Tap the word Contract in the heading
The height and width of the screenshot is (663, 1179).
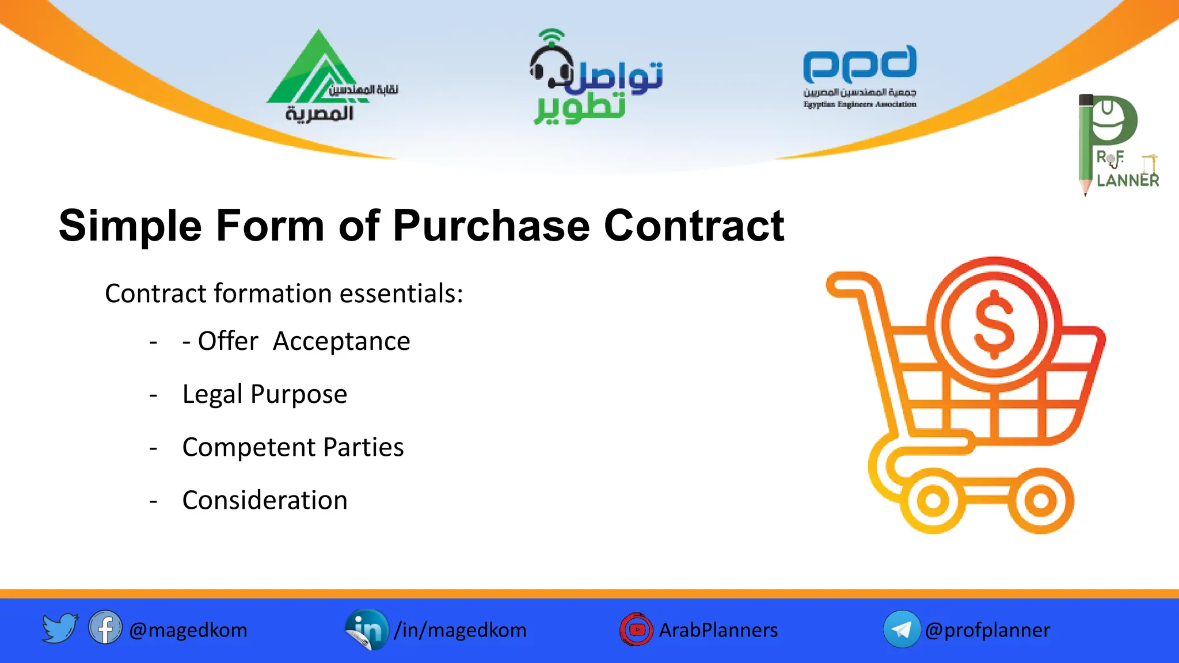[x=694, y=226]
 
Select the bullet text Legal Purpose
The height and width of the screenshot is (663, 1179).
[x=264, y=394]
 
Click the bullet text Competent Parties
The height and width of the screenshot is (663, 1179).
[x=292, y=447]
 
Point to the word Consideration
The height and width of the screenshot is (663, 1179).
[x=265, y=500]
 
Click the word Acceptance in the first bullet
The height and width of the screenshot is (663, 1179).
[x=341, y=341]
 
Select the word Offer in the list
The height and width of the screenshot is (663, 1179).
[x=228, y=341]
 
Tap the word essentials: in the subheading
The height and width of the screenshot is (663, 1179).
[x=401, y=294]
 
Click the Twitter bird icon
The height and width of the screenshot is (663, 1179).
[x=59, y=628]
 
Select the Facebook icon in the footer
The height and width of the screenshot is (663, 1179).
[x=105, y=628]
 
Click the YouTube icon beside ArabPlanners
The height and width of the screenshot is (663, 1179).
[x=636, y=629]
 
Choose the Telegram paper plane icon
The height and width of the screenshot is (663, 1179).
[x=901, y=629]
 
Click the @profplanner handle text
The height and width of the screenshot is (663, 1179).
[x=987, y=630]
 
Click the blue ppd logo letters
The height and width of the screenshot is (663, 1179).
[x=859, y=64]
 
